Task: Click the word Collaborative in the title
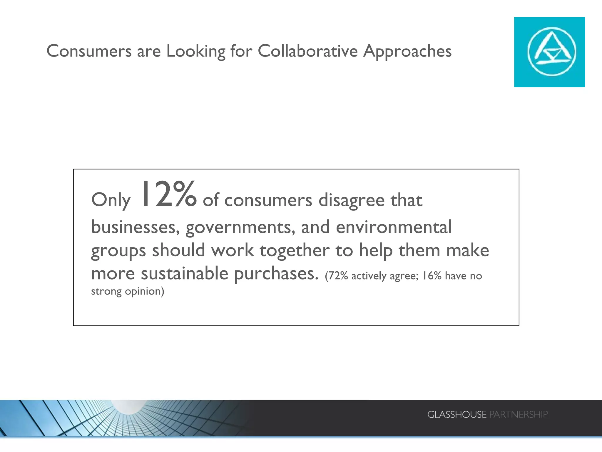tap(307, 51)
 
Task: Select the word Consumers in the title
tap(89, 51)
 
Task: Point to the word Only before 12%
tap(111, 200)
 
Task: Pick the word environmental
tap(394, 227)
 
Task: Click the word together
tap(295, 251)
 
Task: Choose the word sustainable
tap(185, 273)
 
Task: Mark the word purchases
tap(276, 274)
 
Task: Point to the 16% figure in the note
tap(432, 276)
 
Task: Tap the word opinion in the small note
tap(144, 291)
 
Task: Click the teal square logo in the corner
tap(549, 52)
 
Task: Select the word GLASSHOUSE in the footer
tap(456, 415)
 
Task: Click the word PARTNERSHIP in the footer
tap(518, 415)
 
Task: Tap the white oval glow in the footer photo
tap(129, 406)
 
